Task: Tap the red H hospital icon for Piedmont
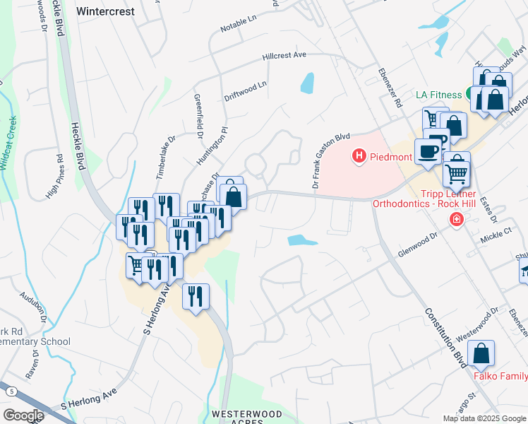pyautogui.click(x=359, y=155)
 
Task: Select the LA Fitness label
pyautogui.click(x=438, y=95)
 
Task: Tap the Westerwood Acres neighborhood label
pyautogui.click(x=237, y=418)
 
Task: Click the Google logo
pyautogui.click(x=24, y=416)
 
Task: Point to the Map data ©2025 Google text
pyautogui.click(x=484, y=418)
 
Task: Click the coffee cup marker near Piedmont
pyautogui.click(x=428, y=151)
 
